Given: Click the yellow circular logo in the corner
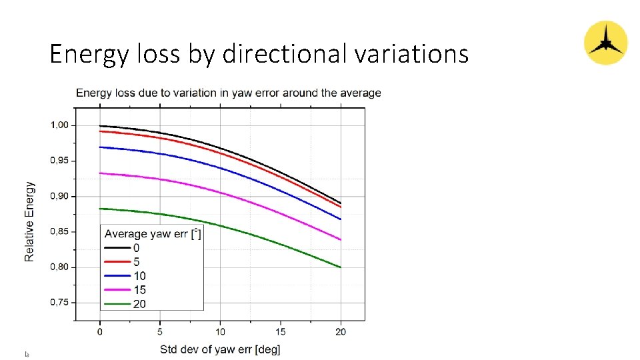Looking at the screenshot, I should point(605,43).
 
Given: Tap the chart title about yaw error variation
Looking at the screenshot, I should point(228,93).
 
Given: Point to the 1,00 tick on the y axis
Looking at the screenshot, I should point(63,125).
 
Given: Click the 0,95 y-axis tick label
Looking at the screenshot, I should point(63,161).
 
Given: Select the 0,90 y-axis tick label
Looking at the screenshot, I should point(63,196).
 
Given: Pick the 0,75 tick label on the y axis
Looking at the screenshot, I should point(63,303).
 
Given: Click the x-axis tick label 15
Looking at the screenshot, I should point(281,331).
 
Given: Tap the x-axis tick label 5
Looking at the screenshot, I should point(160,331).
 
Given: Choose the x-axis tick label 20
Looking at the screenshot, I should point(341,331).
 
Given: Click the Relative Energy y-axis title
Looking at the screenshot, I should point(29,221).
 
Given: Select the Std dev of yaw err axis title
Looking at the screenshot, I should point(220,349).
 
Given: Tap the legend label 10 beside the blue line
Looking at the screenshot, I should point(139,276).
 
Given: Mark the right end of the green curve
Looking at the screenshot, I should point(340,267).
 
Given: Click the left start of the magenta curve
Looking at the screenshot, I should point(100,173).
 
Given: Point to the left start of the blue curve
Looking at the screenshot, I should point(100,147).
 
